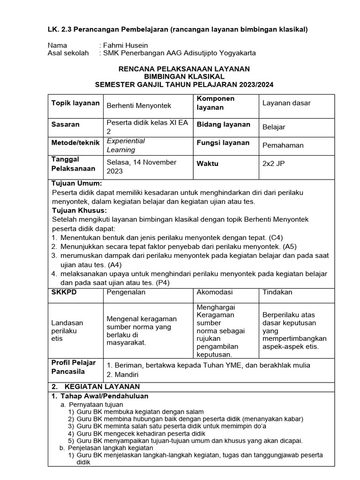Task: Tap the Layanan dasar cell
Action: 286,103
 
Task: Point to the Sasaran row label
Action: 65,124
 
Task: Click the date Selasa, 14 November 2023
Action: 142,166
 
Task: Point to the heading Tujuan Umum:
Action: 76,183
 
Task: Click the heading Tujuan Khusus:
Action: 79,210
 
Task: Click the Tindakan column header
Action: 277,292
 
